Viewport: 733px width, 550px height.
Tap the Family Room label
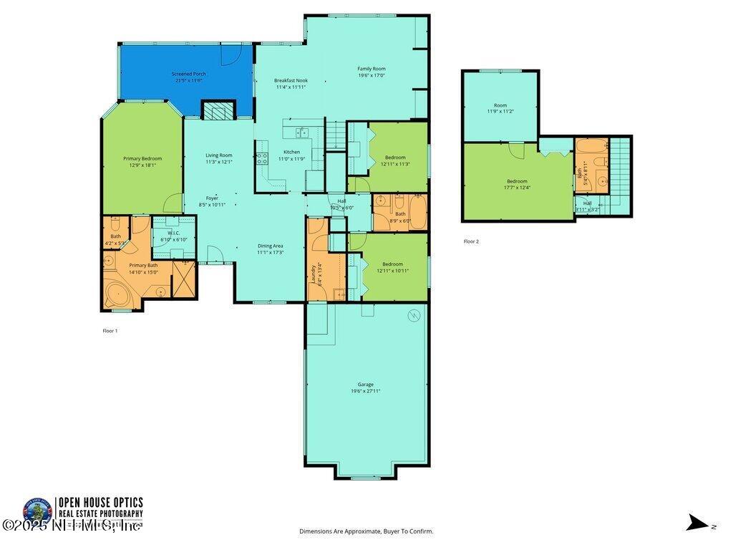pos(372,69)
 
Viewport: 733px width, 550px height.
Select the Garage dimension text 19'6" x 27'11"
pos(365,391)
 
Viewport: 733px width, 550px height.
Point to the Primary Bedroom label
pos(142,159)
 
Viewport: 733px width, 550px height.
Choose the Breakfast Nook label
pos(291,81)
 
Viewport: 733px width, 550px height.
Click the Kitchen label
pos(291,152)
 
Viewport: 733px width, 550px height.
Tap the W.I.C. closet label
pos(173,233)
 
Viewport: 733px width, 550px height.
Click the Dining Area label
pos(271,246)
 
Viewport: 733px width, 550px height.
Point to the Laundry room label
pos(314,274)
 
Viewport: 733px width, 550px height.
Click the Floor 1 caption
pos(110,331)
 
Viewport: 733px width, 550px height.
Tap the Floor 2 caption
pos(471,241)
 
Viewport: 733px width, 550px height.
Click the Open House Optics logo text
pos(100,503)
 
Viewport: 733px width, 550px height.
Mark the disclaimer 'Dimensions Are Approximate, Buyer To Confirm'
pos(366,531)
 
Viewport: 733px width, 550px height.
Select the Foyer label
pos(212,198)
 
